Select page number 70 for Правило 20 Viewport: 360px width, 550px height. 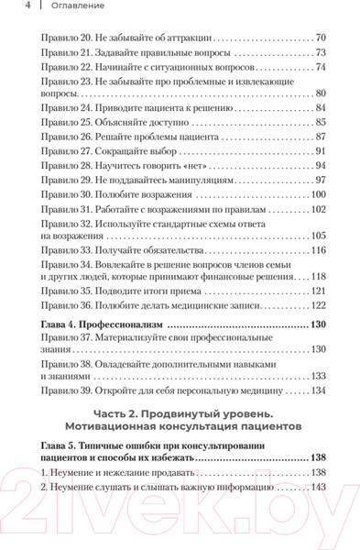coord(320,38)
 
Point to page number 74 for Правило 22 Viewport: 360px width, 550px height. coord(320,67)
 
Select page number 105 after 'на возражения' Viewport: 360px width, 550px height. coord(318,236)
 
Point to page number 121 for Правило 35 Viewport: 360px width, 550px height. coord(318,291)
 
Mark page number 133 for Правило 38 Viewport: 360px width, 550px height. coord(318,377)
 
